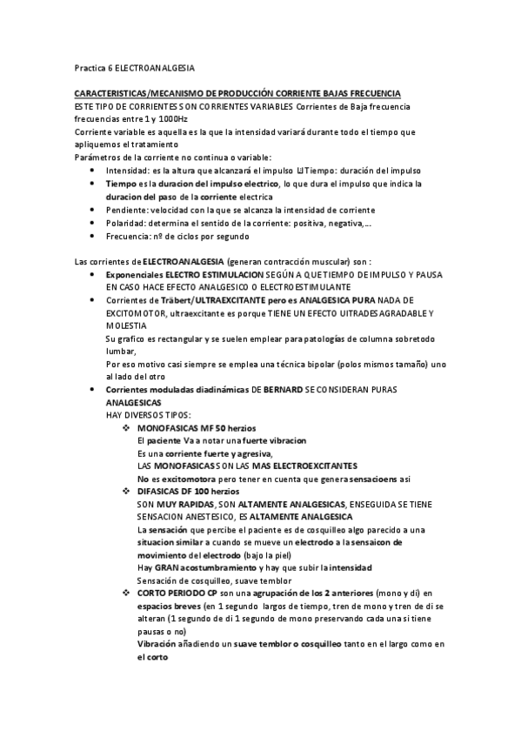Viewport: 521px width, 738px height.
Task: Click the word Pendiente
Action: [x=124, y=210]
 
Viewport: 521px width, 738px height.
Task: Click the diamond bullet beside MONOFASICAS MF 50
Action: [x=126, y=430]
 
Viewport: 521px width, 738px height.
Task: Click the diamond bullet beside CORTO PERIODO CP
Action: [x=126, y=593]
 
